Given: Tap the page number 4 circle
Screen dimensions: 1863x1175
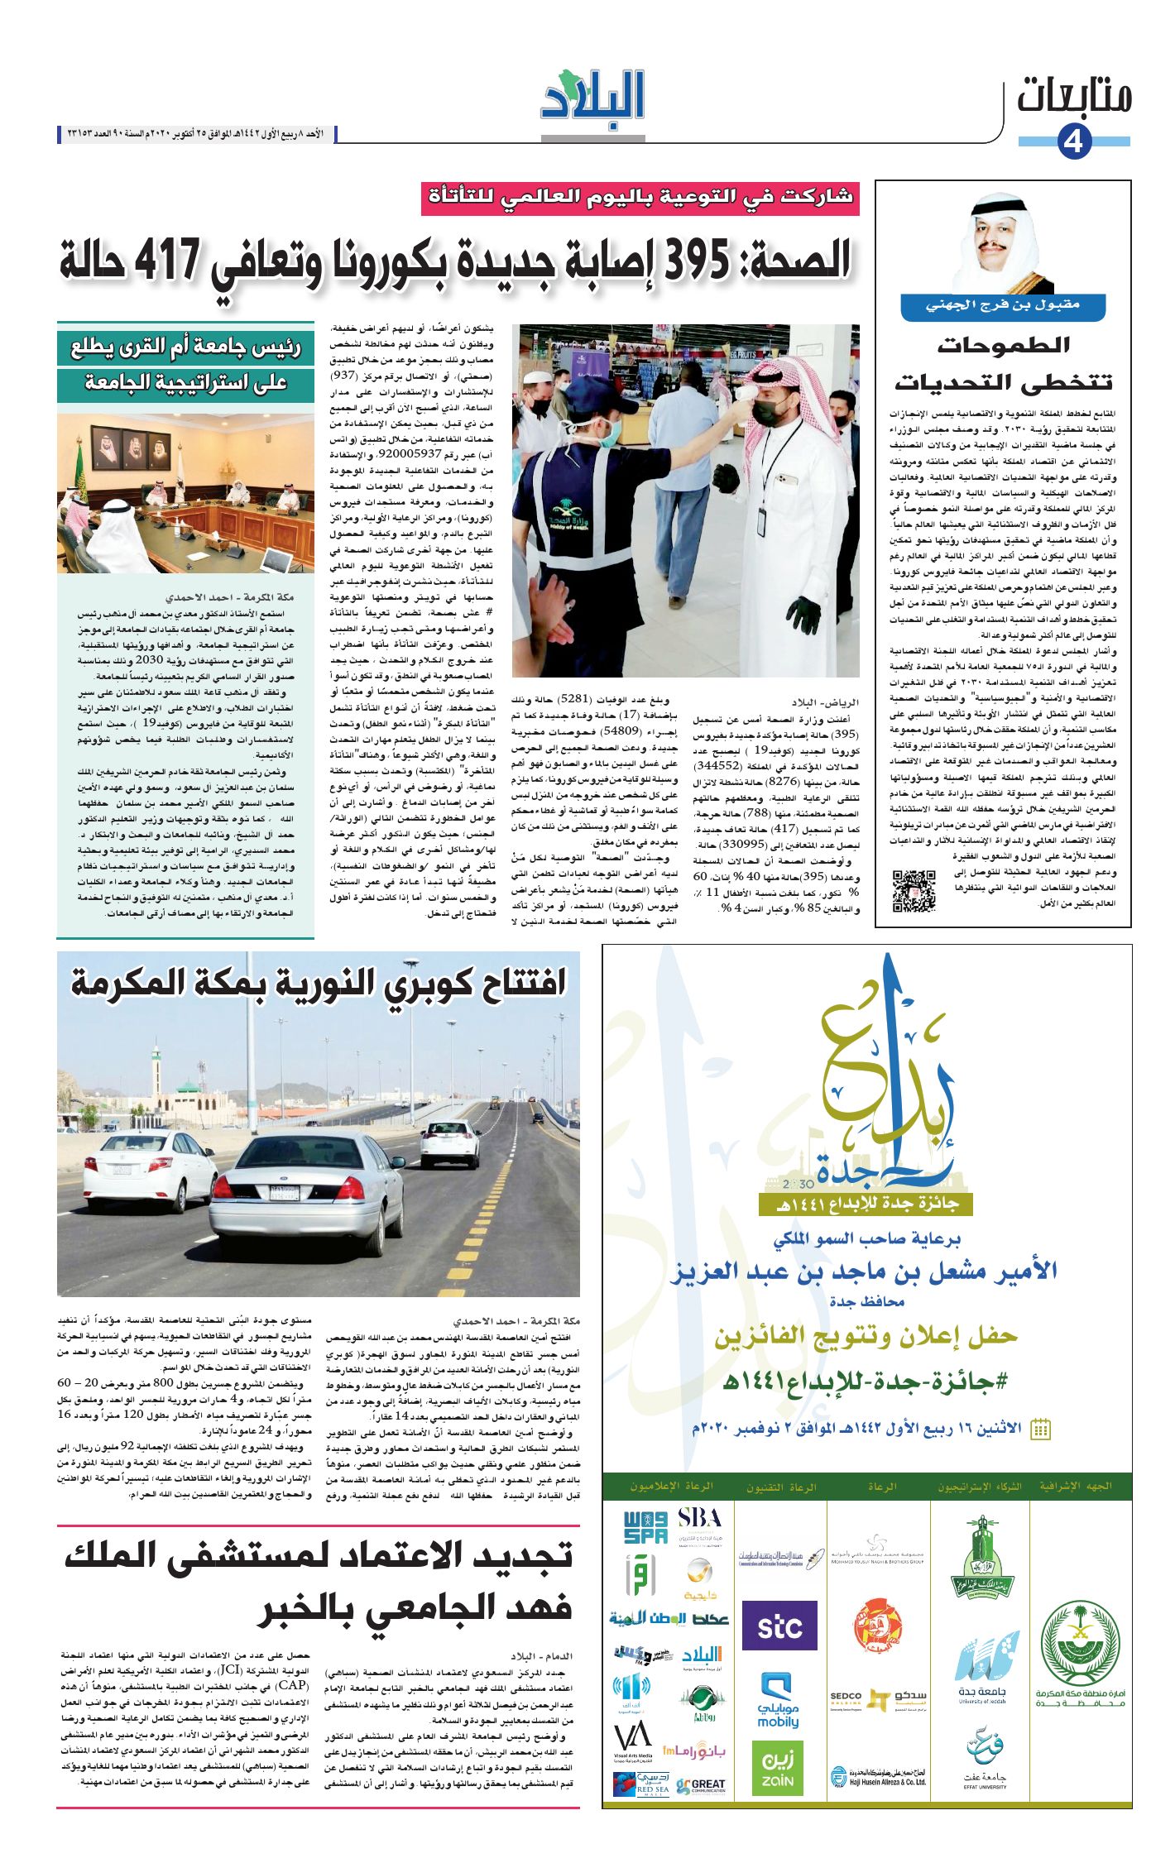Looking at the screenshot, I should [1073, 141].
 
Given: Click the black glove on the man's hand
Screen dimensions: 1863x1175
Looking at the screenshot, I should [802, 613].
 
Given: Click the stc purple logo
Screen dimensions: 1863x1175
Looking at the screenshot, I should [779, 1626].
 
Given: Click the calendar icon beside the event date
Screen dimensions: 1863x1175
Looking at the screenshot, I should [1040, 1429].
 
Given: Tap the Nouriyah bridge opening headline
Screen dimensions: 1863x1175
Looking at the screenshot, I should [319, 982].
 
